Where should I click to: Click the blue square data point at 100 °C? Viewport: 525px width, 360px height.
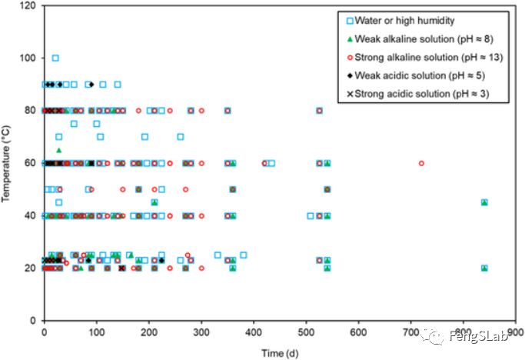(x=55, y=58)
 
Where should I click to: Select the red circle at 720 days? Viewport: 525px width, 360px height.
(x=421, y=163)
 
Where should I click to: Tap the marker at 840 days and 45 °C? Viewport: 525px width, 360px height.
(x=484, y=202)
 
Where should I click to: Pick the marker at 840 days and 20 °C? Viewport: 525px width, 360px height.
(x=484, y=268)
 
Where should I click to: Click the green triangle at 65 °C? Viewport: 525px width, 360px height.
(x=59, y=150)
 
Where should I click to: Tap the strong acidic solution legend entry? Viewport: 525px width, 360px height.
(x=419, y=94)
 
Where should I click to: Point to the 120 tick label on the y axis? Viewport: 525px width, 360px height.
(x=28, y=6)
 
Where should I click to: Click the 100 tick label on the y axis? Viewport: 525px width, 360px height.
(x=28, y=58)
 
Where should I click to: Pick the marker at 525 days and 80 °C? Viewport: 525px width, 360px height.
(x=319, y=111)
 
